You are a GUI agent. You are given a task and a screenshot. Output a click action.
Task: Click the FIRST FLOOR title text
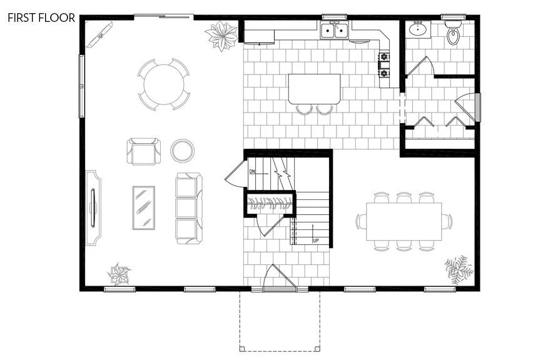click(41, 17)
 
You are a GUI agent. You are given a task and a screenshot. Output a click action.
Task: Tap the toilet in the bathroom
click(452, 36)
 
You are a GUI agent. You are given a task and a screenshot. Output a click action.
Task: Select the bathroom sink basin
click(418, 29)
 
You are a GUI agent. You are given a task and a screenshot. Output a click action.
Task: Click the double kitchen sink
click(335, 29)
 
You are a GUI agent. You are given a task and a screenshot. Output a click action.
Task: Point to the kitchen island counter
click(314, 89)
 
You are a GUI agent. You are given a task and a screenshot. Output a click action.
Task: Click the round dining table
click(163, 84)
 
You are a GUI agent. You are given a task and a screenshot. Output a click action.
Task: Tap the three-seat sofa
click(189, 207)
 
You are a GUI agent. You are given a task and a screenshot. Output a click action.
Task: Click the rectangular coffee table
click(144, 208)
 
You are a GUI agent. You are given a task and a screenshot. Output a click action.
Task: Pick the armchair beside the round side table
click(143, 151)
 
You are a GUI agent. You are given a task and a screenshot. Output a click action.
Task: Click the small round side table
click(182, 150)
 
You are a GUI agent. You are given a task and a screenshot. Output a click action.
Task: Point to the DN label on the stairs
click(252, 171)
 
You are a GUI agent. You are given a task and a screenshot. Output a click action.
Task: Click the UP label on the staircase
click(315, 239)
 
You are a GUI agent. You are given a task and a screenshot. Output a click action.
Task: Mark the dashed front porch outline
click(280, 322)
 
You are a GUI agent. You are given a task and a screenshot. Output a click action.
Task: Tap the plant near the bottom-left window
click(118, 273)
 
